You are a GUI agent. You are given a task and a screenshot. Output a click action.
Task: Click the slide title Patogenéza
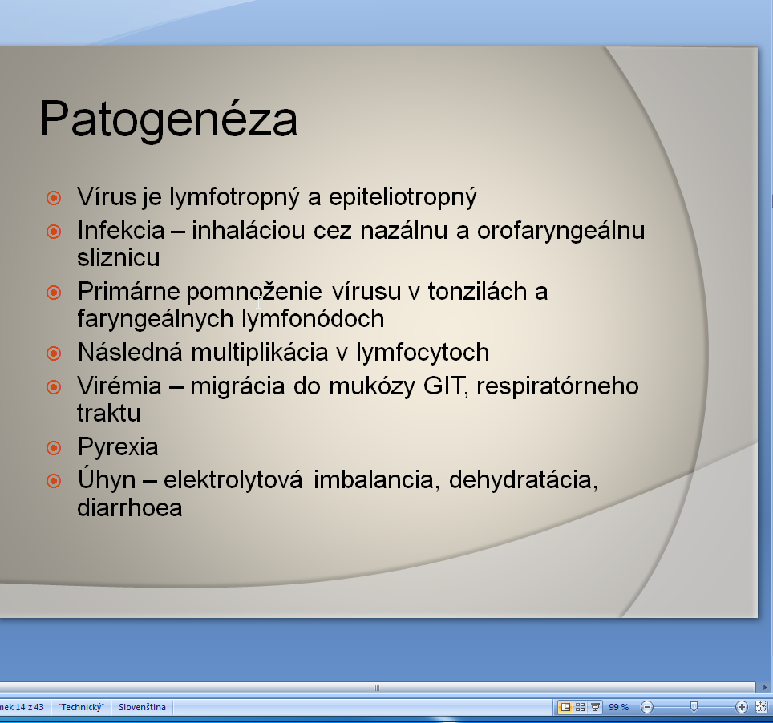(168, 119)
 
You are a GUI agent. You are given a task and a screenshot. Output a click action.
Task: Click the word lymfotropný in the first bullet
(234, 197)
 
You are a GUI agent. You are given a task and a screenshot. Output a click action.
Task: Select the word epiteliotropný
(403, 197)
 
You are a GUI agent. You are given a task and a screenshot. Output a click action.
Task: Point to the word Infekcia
(121, 230)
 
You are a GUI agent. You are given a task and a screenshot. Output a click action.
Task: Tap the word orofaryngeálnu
(561, 231)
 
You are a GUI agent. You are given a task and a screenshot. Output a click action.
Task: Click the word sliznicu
(119, 257)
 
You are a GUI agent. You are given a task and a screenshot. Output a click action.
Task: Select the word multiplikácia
(259, 353)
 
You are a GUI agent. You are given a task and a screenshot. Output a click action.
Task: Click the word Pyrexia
(118, 447)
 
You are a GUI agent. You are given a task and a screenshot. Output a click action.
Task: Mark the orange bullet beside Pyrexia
(54, 448)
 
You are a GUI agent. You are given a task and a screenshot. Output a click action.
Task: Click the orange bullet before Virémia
(54, 387)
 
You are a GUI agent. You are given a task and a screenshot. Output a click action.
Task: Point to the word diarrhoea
(130, 507)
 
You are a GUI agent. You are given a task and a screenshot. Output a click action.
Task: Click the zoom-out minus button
(647, 707)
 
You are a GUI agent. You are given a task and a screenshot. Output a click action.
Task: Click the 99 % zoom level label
(619, 707)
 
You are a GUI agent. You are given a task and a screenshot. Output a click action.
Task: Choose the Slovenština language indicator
(142, 707)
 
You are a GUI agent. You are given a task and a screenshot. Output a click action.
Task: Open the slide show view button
(596, 707)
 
